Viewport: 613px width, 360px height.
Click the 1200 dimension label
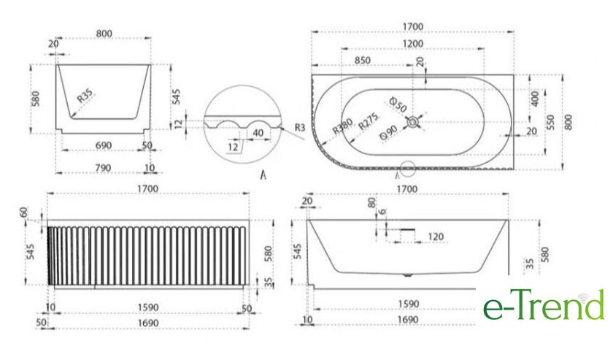pos(413,43)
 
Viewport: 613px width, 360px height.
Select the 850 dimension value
pos(363,61)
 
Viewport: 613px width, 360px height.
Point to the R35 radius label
pos(85,96)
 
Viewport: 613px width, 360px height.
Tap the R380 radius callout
pos(343,126)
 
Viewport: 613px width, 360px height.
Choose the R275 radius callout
pos(369,121)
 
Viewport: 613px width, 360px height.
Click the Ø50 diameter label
pos(398,104)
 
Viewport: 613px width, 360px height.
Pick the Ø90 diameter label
pos(389,133)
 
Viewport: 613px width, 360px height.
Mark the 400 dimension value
pos(535,99)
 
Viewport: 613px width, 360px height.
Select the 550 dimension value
pos(550,123)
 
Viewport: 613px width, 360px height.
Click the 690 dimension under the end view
pos(104,145)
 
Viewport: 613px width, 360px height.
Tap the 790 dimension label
pos(103,168)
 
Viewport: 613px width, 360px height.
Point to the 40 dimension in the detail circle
pos(258,133)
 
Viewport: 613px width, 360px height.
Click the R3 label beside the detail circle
pos(300,127)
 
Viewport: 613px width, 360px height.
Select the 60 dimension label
pos(24,212)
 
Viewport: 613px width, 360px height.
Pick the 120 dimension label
pos(436,237)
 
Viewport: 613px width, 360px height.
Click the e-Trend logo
pos(544,305)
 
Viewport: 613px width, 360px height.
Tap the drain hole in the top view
pos(412,122)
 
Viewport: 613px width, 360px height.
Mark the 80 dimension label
pos(371,203)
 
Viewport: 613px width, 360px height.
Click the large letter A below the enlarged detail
pos(263,175)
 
